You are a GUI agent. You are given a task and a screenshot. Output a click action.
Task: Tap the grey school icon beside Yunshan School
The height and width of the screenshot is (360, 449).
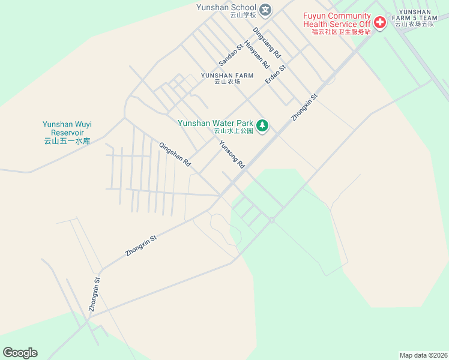266,10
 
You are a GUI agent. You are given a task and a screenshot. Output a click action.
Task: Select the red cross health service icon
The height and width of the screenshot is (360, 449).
379,23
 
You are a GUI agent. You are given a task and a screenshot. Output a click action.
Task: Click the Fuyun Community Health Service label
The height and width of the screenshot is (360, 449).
337,20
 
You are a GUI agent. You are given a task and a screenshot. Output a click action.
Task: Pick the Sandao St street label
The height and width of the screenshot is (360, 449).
231,55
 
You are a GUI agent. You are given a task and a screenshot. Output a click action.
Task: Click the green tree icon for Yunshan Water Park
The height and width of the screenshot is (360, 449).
262,125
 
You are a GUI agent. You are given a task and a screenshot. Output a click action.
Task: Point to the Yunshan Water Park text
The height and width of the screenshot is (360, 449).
215,123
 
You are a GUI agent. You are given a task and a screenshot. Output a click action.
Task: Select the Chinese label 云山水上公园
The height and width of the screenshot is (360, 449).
234,131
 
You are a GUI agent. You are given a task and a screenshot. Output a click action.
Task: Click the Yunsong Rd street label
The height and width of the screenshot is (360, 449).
232,154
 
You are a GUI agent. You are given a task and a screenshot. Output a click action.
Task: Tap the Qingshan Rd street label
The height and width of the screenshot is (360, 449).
175,154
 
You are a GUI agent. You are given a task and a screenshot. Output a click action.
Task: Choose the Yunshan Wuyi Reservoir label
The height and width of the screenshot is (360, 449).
67,128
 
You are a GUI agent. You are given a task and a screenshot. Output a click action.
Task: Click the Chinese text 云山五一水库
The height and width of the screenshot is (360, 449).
67,142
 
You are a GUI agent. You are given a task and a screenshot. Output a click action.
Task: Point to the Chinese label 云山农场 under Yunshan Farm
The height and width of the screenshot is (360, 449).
226,82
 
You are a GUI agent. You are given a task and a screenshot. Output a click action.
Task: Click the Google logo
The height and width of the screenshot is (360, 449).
20,353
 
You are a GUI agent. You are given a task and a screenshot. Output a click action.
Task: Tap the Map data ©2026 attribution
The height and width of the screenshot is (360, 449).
423,355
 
